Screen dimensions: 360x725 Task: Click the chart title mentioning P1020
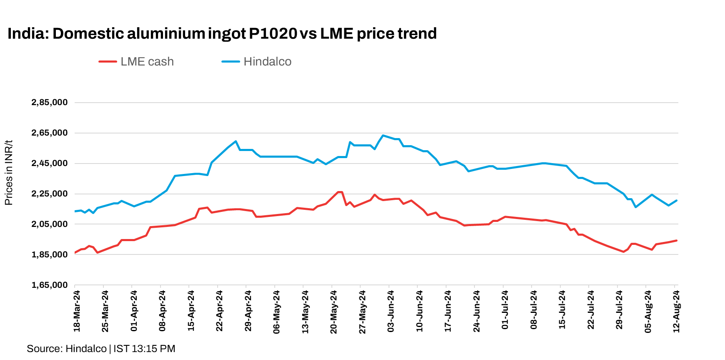tap(222, 33)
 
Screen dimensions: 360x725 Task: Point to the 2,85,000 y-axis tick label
tap(49, 103)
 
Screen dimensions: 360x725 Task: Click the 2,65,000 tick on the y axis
tap(49, 133)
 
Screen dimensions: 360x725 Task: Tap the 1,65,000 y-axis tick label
tap(49, 285)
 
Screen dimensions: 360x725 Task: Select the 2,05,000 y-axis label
tap(49, 224)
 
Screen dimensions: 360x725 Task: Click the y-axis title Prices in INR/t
tap(9, 173)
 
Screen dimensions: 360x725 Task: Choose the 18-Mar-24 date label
tap(77, 311)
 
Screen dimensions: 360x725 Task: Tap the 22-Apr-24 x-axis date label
tap(220, 311)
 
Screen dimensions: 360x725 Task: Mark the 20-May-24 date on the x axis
tap(334, 311)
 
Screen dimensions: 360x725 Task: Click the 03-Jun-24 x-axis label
tap(391, 311)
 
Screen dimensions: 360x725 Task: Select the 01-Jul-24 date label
tap(505, 311)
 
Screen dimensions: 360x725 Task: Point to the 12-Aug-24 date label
tap(677, 311)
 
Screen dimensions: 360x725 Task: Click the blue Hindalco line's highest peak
tap(383, 136)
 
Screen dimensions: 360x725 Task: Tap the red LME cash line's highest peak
tap(340, 192)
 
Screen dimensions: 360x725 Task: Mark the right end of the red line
tap(676, 240)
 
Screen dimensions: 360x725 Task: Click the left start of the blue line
tap(75, 211)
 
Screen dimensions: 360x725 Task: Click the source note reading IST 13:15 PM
tap(144, 349)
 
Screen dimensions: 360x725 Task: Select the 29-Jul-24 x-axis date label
tap(620, 311)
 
